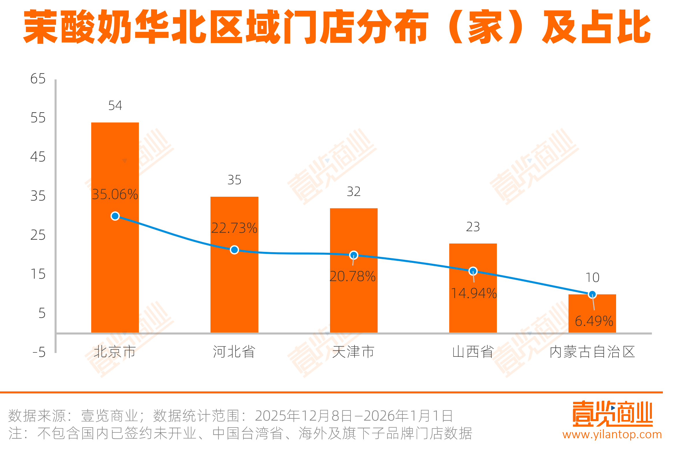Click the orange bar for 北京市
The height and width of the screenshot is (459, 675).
click(115, 262)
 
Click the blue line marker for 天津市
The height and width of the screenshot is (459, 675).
click(353, 255)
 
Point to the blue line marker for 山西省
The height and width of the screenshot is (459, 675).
click(473, 271)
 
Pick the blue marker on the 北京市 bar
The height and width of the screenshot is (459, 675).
click(115, 216)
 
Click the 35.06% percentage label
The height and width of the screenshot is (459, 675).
click(115, 194)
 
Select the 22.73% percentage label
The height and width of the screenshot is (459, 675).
click(234, 228)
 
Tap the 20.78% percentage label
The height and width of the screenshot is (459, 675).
click(353, 276)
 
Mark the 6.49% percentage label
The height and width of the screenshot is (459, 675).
click(594, 321)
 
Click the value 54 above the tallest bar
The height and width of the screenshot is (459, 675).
click(115, 105)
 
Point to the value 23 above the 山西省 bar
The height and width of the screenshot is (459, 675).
click(473, 227)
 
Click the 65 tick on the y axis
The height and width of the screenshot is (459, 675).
click(38, 79)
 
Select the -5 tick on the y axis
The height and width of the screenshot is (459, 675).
click(39, 352)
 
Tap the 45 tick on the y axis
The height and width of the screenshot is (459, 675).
click(38, 157)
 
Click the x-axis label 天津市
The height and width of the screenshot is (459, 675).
click(353, 352)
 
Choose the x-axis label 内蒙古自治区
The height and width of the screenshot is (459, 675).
click(592, 352)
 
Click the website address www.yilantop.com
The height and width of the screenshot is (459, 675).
click(612, 434)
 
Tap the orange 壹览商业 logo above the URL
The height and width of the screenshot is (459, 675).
click(613, 414)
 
